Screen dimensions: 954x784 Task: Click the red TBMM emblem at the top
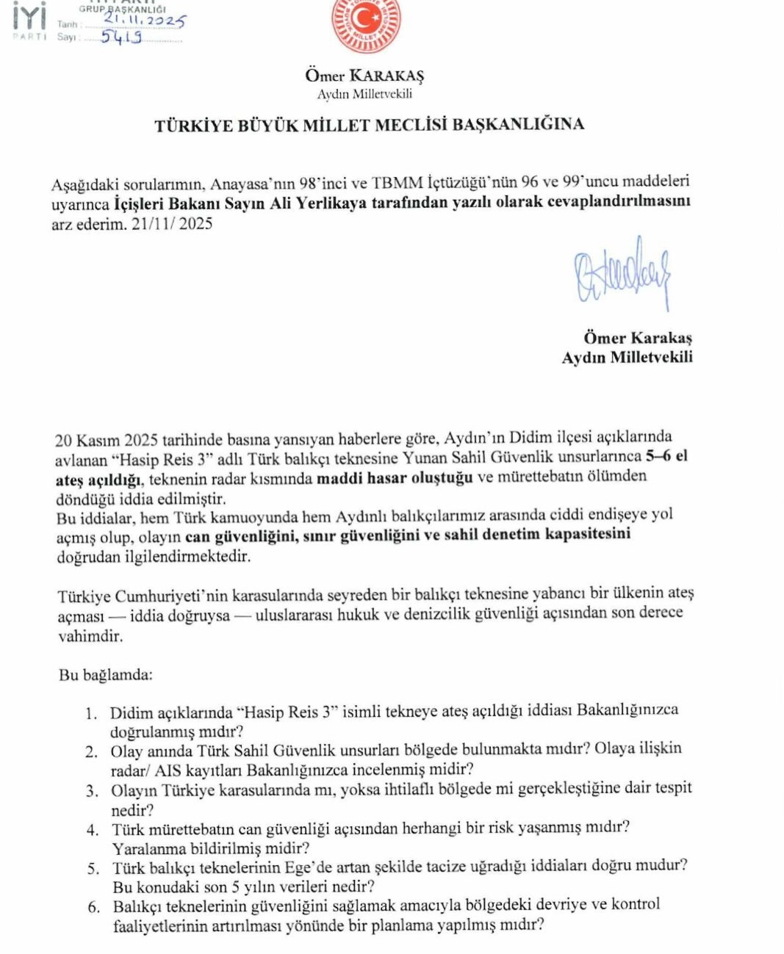(365, 25)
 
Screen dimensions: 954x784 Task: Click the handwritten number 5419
(121, 37)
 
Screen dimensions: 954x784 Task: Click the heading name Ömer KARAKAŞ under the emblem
(364, 76)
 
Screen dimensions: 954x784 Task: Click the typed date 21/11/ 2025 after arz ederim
(172, 224)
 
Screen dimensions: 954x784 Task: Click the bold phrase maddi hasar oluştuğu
(395, 478)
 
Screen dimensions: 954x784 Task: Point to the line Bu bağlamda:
(106, 675)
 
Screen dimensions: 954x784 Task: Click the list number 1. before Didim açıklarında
(91, 713)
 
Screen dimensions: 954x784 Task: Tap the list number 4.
(93, 830)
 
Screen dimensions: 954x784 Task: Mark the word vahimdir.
(90, 636)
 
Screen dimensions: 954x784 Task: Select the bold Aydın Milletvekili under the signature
(627, 358)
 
